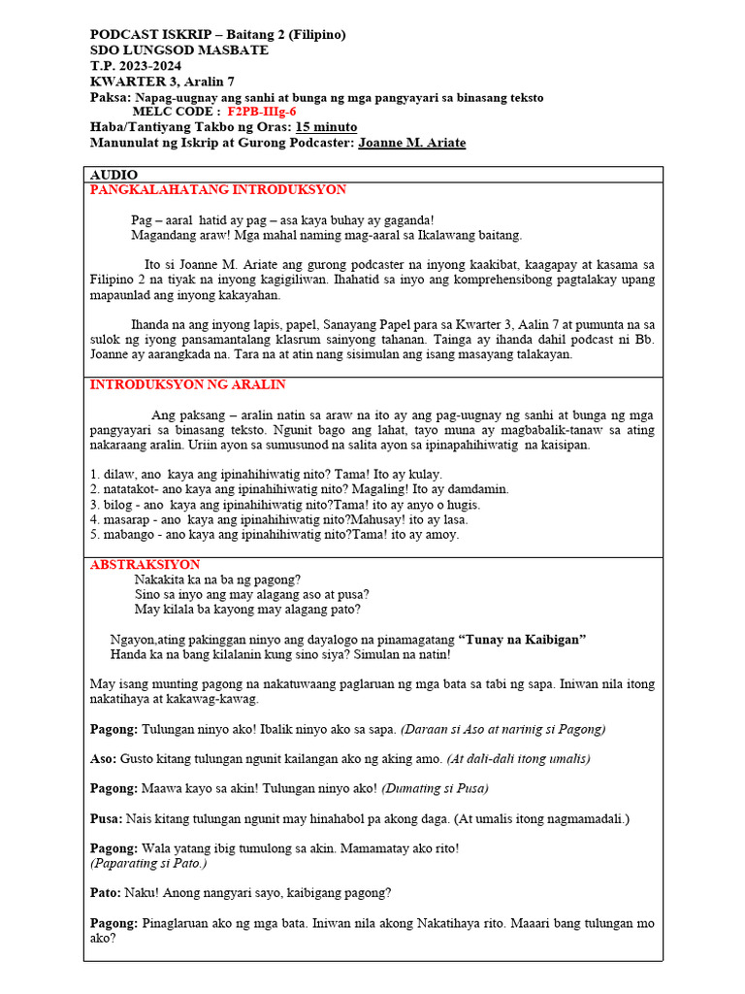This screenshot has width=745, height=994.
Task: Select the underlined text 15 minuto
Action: [x=326, y=127]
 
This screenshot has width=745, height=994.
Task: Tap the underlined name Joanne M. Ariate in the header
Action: [x=411, y=143]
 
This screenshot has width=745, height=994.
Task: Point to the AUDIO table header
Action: [x=113, y=175]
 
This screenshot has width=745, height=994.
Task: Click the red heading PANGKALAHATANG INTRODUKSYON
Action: [x=218, y=190]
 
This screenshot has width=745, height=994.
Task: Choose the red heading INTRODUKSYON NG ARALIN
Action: [x=188, y=384]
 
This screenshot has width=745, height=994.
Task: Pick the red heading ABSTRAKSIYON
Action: [x=145, y=564]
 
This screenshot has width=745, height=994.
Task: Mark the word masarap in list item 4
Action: [x=126, y=519]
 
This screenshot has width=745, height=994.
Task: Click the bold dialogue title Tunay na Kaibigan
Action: [x=525, y=639]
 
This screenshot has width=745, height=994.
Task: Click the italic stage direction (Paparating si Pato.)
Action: [x=148, y=863]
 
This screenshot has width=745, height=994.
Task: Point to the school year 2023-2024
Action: [x=149, y=66]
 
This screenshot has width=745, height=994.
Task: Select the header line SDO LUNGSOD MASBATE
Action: [x=179, y=50]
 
